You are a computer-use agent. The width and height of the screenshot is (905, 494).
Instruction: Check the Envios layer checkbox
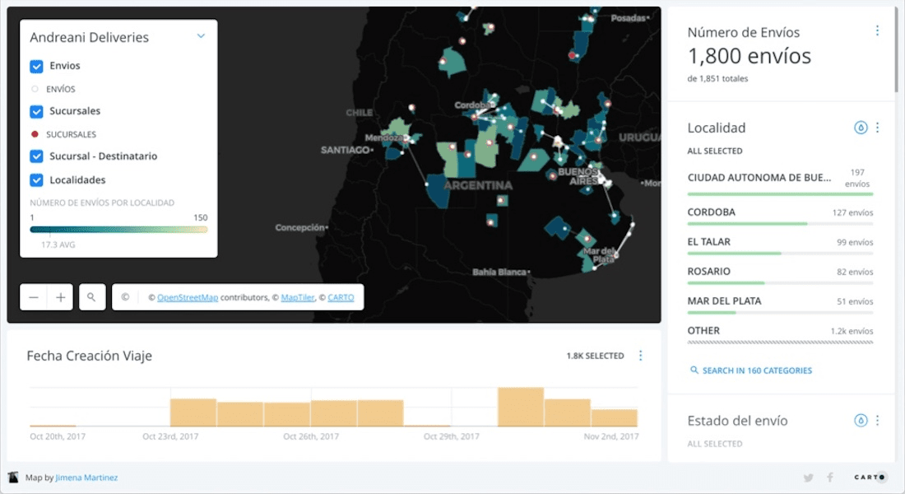pyautogui.click(x=36, y=67)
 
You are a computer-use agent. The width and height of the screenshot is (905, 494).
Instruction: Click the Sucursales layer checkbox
pyautogui.click(x=36, y=112)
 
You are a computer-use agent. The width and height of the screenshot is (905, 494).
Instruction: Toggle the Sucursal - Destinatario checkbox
pyautogui.click(x=36, y=156)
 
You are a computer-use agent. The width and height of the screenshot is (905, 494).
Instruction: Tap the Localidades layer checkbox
pyautogui.click(x=36, y=180)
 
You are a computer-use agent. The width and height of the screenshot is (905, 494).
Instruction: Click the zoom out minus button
pyautogui.click(x=34, y=297)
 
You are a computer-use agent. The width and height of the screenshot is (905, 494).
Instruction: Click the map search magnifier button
pyautogui.click(x=92, y=297)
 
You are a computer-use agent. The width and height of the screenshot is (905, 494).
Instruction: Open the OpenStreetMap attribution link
pyautogui.click(x=188, y=297)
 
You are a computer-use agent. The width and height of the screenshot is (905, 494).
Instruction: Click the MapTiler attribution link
pyautogui.click(x=297, y=297)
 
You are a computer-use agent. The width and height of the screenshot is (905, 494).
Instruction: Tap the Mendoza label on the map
pyautogui.click(x=383, y=137)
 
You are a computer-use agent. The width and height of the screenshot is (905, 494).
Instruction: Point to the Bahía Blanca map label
pyautogui.click(x=499, y=272)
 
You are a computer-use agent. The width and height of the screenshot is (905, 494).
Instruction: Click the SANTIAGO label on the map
pyautogui.click(x=345, y=150)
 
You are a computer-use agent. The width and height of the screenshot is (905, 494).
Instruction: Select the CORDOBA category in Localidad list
pyautogui.click(x=712, y=212)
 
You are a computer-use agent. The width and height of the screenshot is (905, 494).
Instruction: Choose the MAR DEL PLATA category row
pyautogui.click(x=724, y=301)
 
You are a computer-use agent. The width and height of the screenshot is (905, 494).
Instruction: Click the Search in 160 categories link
pyautogui.click(x=757, y=370)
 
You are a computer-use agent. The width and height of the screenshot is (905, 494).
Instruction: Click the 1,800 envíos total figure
pyautogui.click(x=749, y=56)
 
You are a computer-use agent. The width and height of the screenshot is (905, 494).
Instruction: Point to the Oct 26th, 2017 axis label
pyautogui.click(x=311, y=436)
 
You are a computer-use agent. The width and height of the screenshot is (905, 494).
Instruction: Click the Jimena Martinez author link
pyautogui.click(x=86, y=478)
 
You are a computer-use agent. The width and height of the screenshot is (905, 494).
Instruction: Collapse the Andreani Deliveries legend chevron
pyautogui.click(x=201, y=36)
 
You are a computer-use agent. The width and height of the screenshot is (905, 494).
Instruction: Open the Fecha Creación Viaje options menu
pyautogui.click(x=641, y=356)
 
